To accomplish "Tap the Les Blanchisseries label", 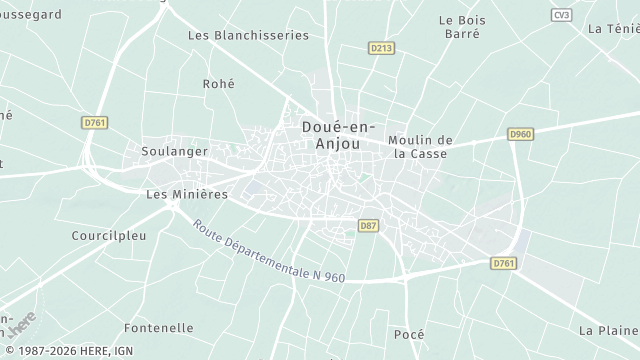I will [249, 35].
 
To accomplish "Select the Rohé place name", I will [218, 85].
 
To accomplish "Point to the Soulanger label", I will [175, 151].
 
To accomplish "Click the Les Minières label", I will [187, 194].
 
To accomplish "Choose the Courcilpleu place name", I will [109, 237].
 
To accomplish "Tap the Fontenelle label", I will [159, 328].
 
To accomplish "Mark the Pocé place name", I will [409, 334].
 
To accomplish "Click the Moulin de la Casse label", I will [421, 147].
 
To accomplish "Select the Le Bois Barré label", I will [460, 26].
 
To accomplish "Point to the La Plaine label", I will [608, 330].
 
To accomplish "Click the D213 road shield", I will [381, 47].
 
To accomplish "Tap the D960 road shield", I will [520, 134].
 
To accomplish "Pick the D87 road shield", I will [368, 226].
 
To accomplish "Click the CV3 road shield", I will [561, 15].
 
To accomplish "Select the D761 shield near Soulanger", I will [94, 122].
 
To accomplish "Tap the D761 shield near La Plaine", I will [505, 263].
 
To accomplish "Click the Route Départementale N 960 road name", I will [269, 251].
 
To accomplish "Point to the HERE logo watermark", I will [21, 325].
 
